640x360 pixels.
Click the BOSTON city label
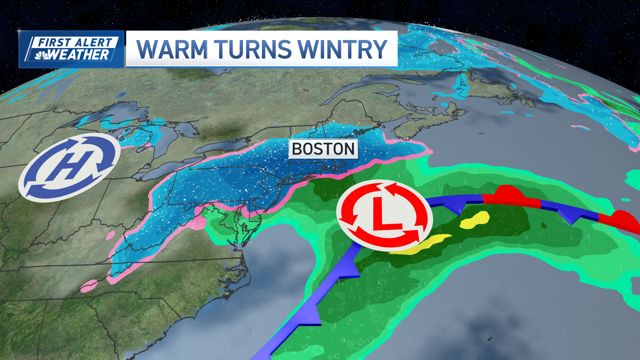pos(323,149)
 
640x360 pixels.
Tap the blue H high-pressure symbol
pos(69,167)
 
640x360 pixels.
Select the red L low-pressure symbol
pos(384,215)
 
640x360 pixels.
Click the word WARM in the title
pos(172,49)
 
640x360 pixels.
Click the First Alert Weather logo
pos(71,49)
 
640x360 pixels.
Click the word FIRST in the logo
pos(54,43)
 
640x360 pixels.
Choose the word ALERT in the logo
pos(93,43)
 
